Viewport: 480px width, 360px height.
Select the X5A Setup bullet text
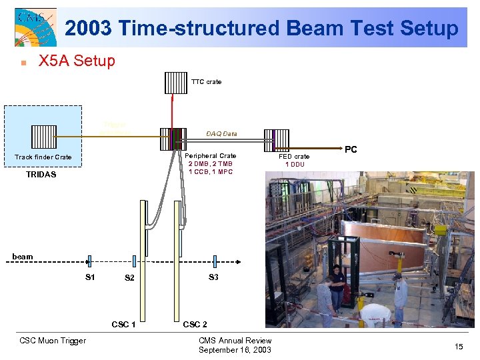[x=77, y=61]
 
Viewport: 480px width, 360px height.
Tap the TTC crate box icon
[x=176, y=81]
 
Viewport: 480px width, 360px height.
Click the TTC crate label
[x=206, y=82]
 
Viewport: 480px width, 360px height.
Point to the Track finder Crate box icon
[x=43, y=137]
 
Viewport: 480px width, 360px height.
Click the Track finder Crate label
[x=43, y=157]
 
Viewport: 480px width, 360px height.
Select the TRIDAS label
[x=41, y=175]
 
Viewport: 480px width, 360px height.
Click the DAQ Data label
[x=221, y=134]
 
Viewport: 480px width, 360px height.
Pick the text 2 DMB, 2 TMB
[x=211, y=163]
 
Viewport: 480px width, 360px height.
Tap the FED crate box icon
[x=275, y=140]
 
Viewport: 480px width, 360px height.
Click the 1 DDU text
[x=294, y=164]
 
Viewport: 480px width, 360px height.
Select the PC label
[x=351, y=150]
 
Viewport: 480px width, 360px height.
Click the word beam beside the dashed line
[x=22, y=257]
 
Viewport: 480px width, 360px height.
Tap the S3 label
[x=213, y=277]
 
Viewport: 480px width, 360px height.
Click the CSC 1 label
[x=124, y=325]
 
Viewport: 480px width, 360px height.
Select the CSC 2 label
[x=195, y=325]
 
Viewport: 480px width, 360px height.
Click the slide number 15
[x=459, y=347]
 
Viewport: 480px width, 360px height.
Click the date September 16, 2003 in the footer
[x=235, y=350]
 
